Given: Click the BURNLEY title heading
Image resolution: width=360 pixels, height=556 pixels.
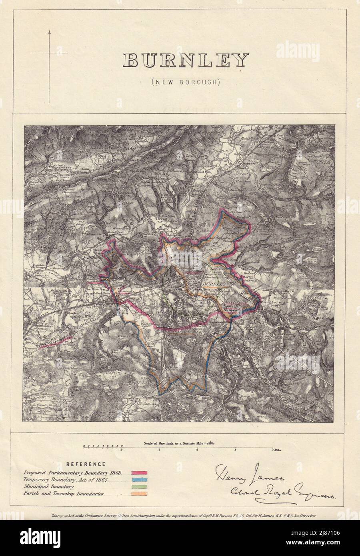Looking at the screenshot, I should [186, 61].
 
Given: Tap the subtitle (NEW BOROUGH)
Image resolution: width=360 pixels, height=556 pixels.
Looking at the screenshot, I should [186, 82].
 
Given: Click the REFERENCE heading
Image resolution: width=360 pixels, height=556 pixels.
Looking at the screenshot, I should [86, 464].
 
